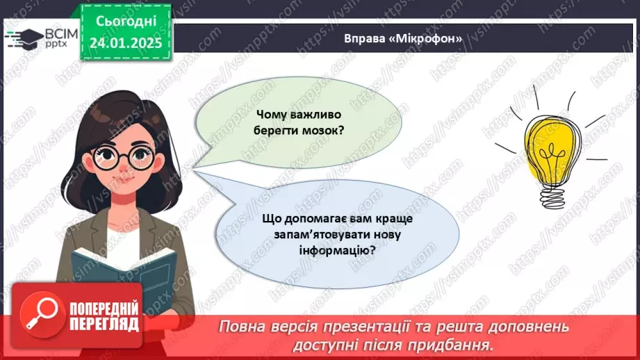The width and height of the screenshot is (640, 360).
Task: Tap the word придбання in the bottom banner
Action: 452,344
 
